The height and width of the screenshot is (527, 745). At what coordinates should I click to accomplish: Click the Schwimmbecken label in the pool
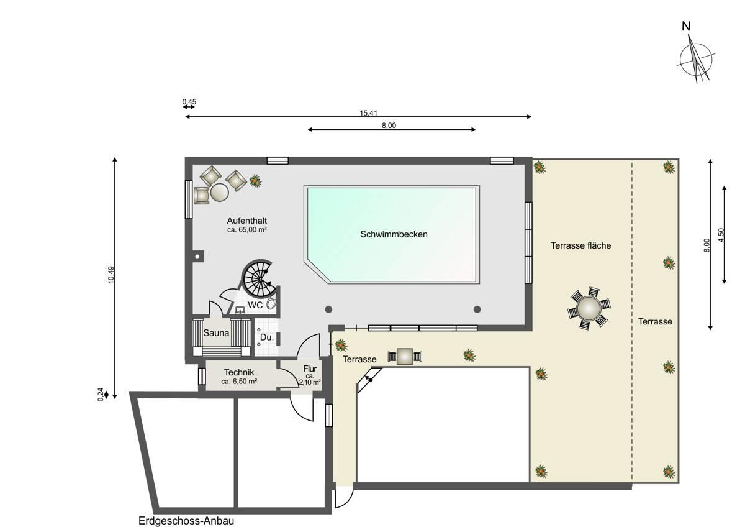coord(394,234)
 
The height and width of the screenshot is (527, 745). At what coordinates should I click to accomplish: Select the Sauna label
coord(216,332)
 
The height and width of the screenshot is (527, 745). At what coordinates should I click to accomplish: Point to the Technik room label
coord(239,372)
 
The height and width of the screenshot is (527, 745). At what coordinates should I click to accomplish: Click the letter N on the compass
coord(686,26)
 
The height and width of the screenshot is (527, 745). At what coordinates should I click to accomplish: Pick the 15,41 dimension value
coord(369,113)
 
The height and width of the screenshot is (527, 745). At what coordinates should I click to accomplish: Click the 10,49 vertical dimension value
coord(111,275)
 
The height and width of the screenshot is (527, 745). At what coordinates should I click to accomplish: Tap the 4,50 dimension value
coord(721,235)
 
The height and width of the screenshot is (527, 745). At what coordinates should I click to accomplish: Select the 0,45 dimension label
coord(189,101)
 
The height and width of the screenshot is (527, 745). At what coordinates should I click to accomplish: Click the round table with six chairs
coord(589,308)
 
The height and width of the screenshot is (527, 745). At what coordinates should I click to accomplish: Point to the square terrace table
coord(405,357)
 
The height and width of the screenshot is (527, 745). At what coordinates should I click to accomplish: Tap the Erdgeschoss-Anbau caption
coord(186,521)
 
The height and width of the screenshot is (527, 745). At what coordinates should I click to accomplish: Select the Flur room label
coord(310,369)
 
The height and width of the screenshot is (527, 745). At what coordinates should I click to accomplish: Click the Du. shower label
coord(267,337)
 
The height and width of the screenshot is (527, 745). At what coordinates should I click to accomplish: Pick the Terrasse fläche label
coord(580,245)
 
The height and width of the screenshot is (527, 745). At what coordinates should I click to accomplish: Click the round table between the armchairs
coord(220,193)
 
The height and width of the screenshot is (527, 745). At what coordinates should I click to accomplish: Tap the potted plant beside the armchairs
coord(255,181)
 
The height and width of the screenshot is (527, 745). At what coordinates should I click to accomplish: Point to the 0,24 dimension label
coord(101,395)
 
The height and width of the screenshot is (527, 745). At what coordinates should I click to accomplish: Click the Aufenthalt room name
coord(247,221)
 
